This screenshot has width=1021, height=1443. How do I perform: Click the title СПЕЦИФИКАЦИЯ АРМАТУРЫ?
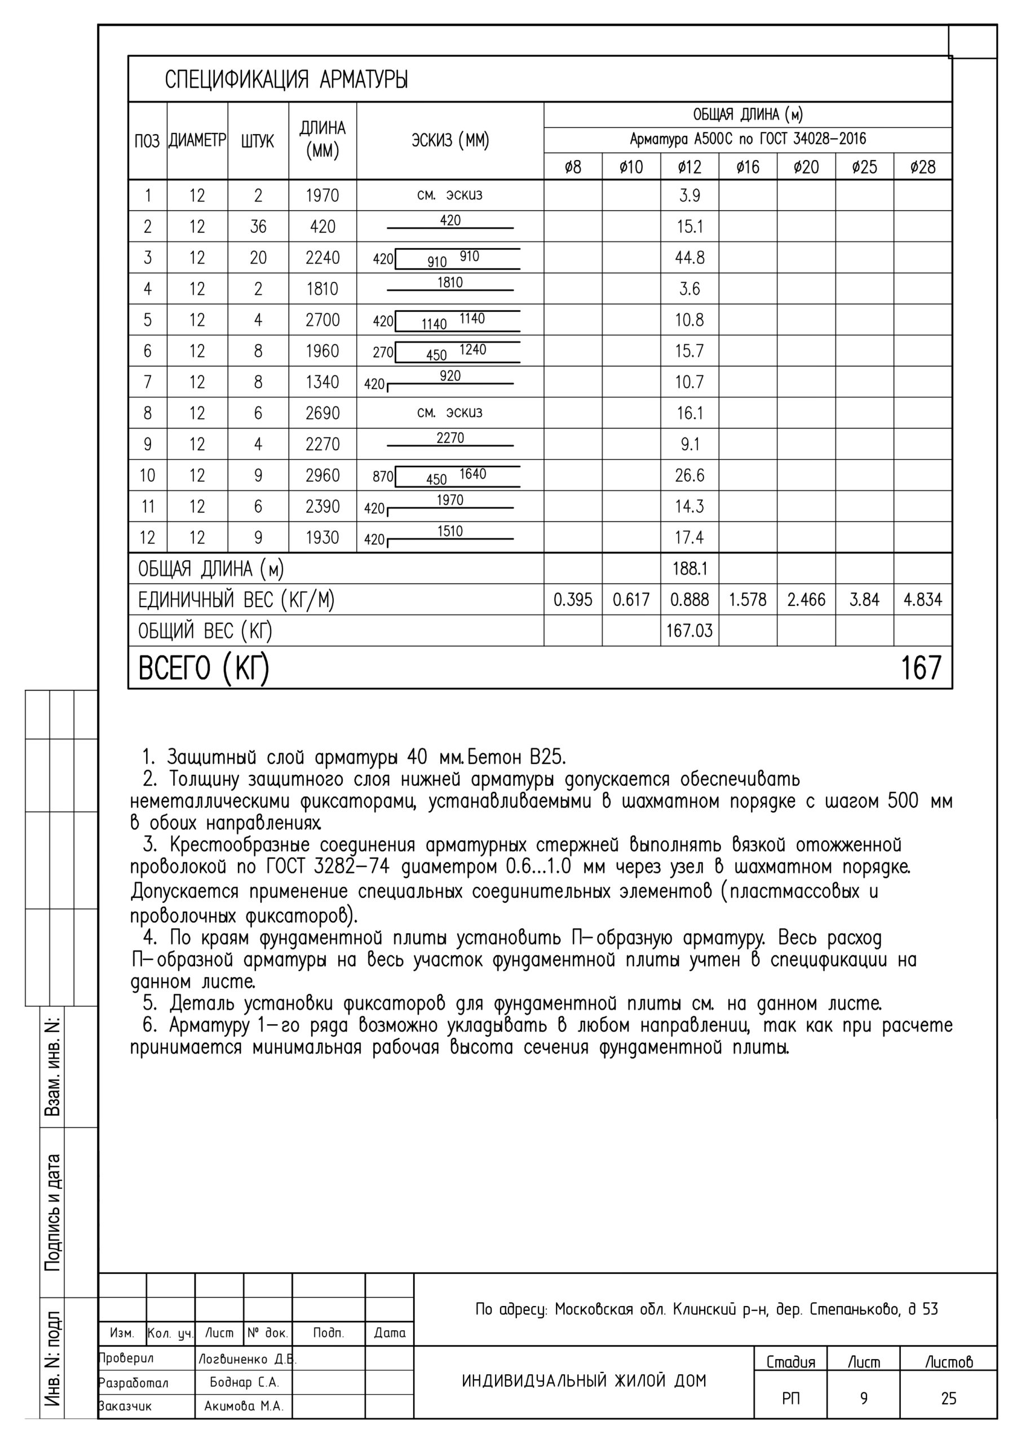pyautogui.click(x=286, y=80)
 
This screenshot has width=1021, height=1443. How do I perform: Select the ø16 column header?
pyautogui.click(x=748, y=167)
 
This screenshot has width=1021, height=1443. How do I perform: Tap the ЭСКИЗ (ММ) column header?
pyautogui.click(x=450, y=140)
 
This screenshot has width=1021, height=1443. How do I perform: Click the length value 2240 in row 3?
pyautogui.click(x=322, y=258)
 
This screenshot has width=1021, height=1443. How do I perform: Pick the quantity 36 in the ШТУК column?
pyautogui.click(x=258, y=226)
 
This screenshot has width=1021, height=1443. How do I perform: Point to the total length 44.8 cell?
pyautogui.click(x=689, y=258)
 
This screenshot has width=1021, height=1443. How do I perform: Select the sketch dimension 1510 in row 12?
pyautogui.click(x=450, y=531)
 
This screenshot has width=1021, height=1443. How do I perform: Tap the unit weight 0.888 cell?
pyautogui.click(x=689, y=600)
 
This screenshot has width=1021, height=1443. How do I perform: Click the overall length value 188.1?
pyautogui.click(x=689, y=569)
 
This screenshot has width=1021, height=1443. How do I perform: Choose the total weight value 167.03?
pyautogui.click(x=689, y=630)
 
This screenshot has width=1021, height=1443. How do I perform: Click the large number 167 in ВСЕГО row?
pyautogui.click(x=921, y=667)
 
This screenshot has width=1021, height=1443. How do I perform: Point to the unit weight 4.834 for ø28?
pyautogui.click(x=922, y=600)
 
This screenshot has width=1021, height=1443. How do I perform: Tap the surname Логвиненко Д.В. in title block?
pyautogui.click(x=247, y=1359)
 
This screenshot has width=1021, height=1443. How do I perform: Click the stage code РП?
pyautogui.click(x=791, y=1398)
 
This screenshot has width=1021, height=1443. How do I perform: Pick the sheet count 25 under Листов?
pyautogui.click(x=948, y=1398)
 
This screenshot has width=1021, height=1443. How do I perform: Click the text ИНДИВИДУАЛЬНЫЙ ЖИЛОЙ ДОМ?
pyautogui.click(x=584, y=1381)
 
